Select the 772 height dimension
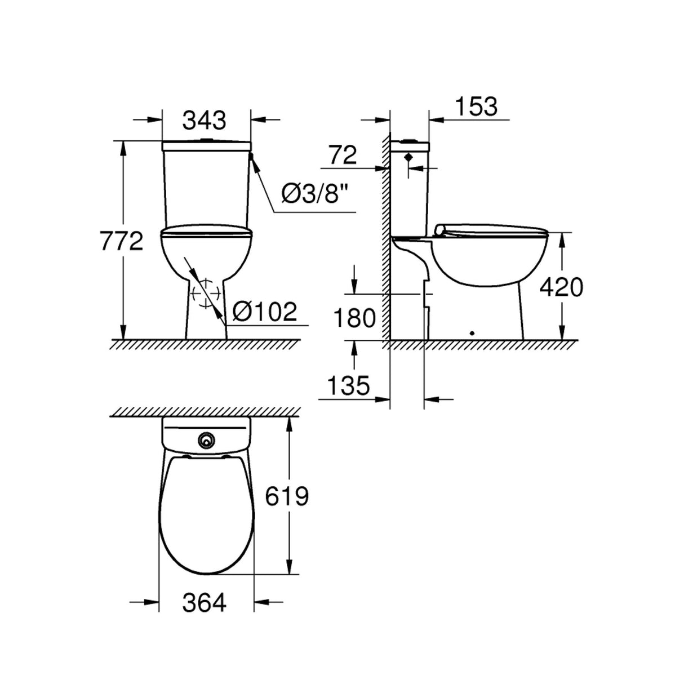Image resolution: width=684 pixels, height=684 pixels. pos(121,241)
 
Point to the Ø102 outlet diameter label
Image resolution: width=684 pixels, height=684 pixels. pos(265,312)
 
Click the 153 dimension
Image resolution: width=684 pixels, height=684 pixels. pos(476,106)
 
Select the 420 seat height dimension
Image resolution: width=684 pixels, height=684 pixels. pos(561,287)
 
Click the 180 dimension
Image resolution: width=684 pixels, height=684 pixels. pos(354,318)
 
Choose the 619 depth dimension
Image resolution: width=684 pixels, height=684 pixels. pos(287,496)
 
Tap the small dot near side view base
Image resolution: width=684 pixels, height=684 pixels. pos(472,332)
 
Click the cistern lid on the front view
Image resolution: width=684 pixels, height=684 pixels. pos(206,145)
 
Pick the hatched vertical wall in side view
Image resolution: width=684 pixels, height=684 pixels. pos(385,237)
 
